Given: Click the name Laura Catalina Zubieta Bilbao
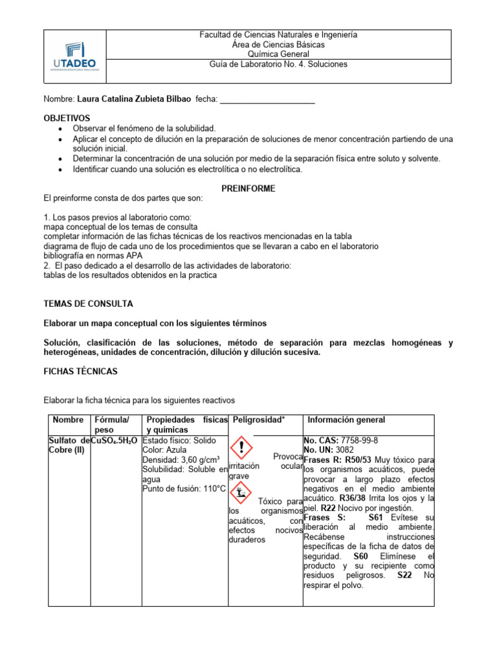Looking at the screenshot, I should coord(134,99).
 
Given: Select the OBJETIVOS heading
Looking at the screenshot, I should coord(67,118).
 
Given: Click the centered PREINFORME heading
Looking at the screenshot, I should coord(248,188).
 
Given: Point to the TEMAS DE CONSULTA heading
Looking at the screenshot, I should coord(88,303).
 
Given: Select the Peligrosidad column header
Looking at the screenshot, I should coord(259,420).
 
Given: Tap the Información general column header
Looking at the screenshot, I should coord(346,420).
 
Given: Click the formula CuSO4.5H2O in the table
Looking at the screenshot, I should coord(115,440).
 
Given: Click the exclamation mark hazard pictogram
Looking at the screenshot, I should coord(242,448).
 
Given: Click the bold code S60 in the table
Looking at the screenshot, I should coord(360,556).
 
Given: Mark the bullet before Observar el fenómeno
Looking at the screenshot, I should coord(60,129).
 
